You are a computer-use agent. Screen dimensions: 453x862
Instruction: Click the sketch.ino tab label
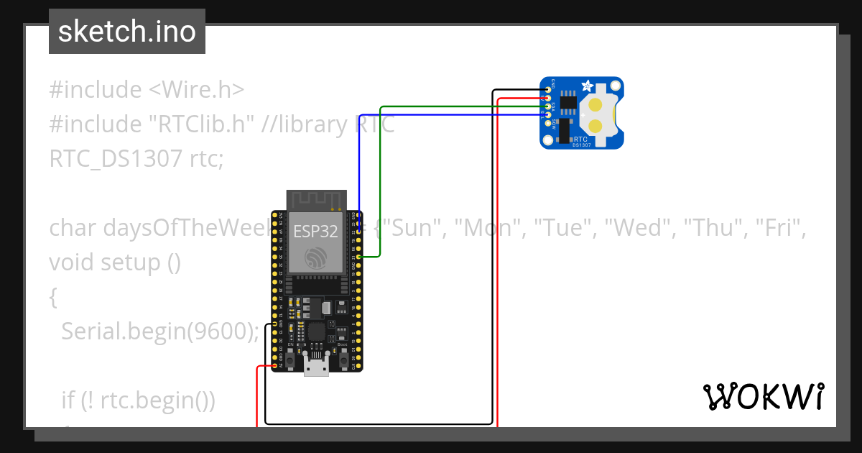click(126, 32)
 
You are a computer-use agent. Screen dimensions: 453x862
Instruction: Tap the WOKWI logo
click(763, 396)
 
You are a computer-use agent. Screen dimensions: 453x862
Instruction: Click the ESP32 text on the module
click(315, 232)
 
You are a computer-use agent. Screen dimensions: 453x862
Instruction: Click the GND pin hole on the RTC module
click(548, 90)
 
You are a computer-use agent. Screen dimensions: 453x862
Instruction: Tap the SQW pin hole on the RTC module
click(548, 124)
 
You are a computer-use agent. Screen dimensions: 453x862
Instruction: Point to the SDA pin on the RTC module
click(548, 106)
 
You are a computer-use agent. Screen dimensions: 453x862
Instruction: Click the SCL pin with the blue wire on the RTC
click(548, 115)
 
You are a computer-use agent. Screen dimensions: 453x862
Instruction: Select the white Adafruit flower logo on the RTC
click(587, 86)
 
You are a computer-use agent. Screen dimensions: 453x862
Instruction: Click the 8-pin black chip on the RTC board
click(568, 104)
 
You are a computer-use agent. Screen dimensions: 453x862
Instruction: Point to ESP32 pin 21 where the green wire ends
click(358, 256)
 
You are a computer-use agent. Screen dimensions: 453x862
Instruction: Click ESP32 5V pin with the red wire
click(275, 366)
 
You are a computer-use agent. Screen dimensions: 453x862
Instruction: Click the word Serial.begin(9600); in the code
click(159, 331)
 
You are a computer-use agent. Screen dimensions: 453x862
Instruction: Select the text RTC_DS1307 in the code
click(116, 158)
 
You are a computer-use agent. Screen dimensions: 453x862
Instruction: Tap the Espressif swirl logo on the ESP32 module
click(316, 257)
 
